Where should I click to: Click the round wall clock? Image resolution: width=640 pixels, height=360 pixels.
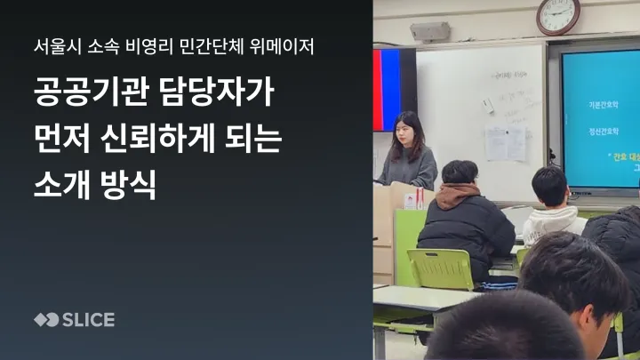click(x=558, y=15)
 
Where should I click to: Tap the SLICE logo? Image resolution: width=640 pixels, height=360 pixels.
click(x=74, y=319)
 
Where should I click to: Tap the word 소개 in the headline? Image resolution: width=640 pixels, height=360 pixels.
click(x=60, y=187)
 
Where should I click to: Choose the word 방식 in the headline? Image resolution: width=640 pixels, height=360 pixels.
click(x=129, y=187)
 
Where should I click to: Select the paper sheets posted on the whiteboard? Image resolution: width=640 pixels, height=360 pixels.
click(x=505, y=142)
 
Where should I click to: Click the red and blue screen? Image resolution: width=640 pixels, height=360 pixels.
click(x=394, y=89)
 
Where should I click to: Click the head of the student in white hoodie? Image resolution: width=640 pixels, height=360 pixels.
click(x=549, y=185)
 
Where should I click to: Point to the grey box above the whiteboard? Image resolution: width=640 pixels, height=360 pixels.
click(x=429, y=33)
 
